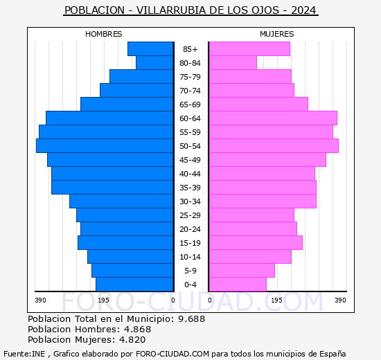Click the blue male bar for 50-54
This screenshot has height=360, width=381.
coord(105,145)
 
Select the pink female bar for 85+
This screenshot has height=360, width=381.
coord(249,48)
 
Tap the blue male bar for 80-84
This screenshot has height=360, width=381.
coord(154,62)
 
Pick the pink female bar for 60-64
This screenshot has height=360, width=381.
coord(272,118)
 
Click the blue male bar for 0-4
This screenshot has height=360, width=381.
coord(134,284)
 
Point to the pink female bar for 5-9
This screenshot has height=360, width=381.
coord(241,270)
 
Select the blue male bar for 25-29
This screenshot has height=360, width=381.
coord(125,215)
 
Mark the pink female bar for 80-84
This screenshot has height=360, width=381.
coord(232,62)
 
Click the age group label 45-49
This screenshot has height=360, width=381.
coord(190,160)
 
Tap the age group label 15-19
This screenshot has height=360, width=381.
coord(190,243)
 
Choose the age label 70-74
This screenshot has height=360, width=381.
coord(190,91)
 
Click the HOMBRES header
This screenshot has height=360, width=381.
coord(104,34)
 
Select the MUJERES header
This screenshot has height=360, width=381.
coord(276,34)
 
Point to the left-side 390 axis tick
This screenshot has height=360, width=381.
coord(40,300)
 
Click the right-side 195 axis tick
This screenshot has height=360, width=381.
coord(276,300)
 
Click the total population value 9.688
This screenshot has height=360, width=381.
coord(190,318)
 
